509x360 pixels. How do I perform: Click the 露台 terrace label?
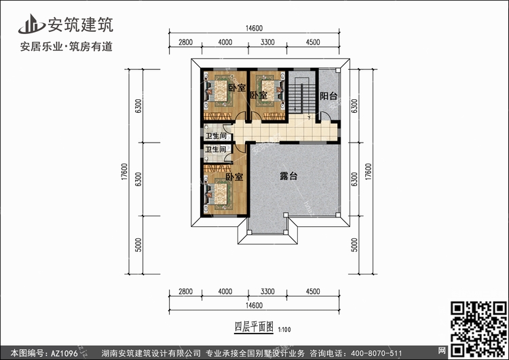[288, 176]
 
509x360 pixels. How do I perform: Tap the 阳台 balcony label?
[328, 96]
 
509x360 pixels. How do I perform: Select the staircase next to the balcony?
[302, 97]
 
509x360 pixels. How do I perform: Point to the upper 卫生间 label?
[216, 136]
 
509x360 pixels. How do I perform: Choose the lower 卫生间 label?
[216, 149]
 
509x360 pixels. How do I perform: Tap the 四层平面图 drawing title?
[254, 327]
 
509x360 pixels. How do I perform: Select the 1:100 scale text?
[284, 330]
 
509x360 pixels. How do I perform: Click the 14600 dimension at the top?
[254, 29]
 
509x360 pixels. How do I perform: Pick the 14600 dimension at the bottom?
[254, 306]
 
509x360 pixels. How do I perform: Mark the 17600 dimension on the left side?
[125, 172]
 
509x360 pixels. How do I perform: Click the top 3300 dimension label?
[267, 42]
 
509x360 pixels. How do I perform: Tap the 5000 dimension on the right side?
[354, 245]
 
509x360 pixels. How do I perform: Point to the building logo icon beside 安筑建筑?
[31, 24]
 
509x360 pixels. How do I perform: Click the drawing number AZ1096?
[64, 353]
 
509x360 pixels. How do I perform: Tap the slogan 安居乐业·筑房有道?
[67, 46]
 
